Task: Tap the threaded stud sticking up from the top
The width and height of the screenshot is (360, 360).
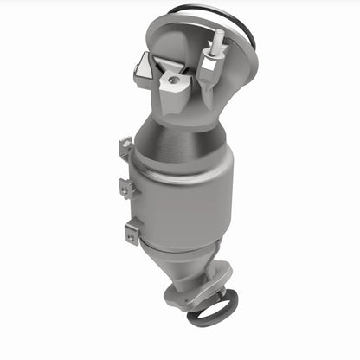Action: (x=217, y=40)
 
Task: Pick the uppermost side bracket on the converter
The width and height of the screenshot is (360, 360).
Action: (x=126, y=150)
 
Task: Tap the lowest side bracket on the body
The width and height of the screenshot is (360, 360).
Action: (x=132, y=230)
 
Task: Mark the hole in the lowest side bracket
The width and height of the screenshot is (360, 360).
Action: (x=131, y=230)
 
